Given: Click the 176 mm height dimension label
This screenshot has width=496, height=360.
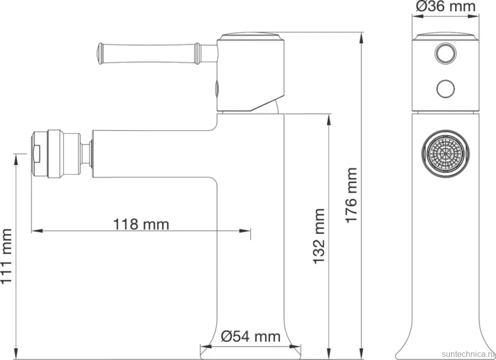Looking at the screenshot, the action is pos(351,195).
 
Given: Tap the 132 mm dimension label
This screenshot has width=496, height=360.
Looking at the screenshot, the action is pos(319,236).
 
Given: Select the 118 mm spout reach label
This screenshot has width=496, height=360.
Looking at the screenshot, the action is pos(141,224).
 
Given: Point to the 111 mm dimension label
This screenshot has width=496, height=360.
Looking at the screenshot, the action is pos(6,257).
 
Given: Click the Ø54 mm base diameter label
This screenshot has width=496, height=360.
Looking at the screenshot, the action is pos(251,336).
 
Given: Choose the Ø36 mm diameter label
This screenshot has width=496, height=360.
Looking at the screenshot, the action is pos(445,6).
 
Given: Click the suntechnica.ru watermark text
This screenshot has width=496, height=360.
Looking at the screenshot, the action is pos(468,354).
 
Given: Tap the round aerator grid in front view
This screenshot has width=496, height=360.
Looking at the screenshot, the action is pos(445,153).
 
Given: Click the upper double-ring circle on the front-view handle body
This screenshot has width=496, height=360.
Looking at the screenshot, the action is pos(445,53).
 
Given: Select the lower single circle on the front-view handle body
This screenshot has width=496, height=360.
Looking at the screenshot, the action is pos(445,88).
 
